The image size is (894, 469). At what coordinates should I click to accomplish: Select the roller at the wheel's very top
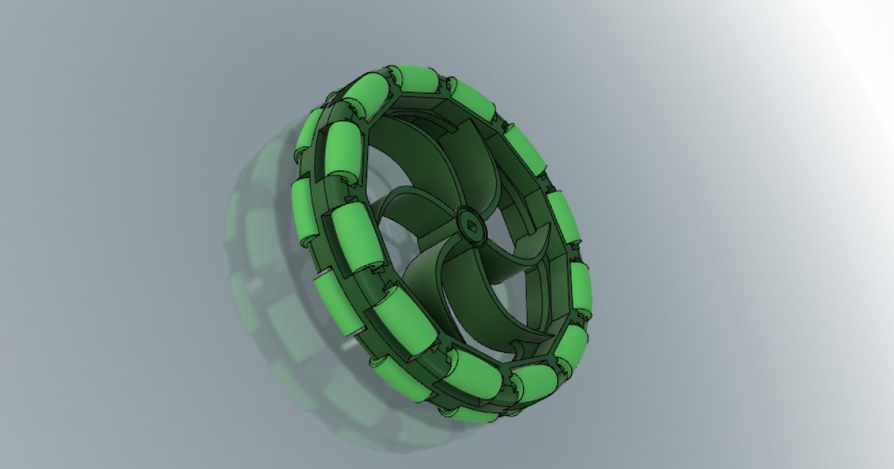pos(416,80)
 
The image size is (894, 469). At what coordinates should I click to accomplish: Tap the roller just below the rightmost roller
pos(572,346)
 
